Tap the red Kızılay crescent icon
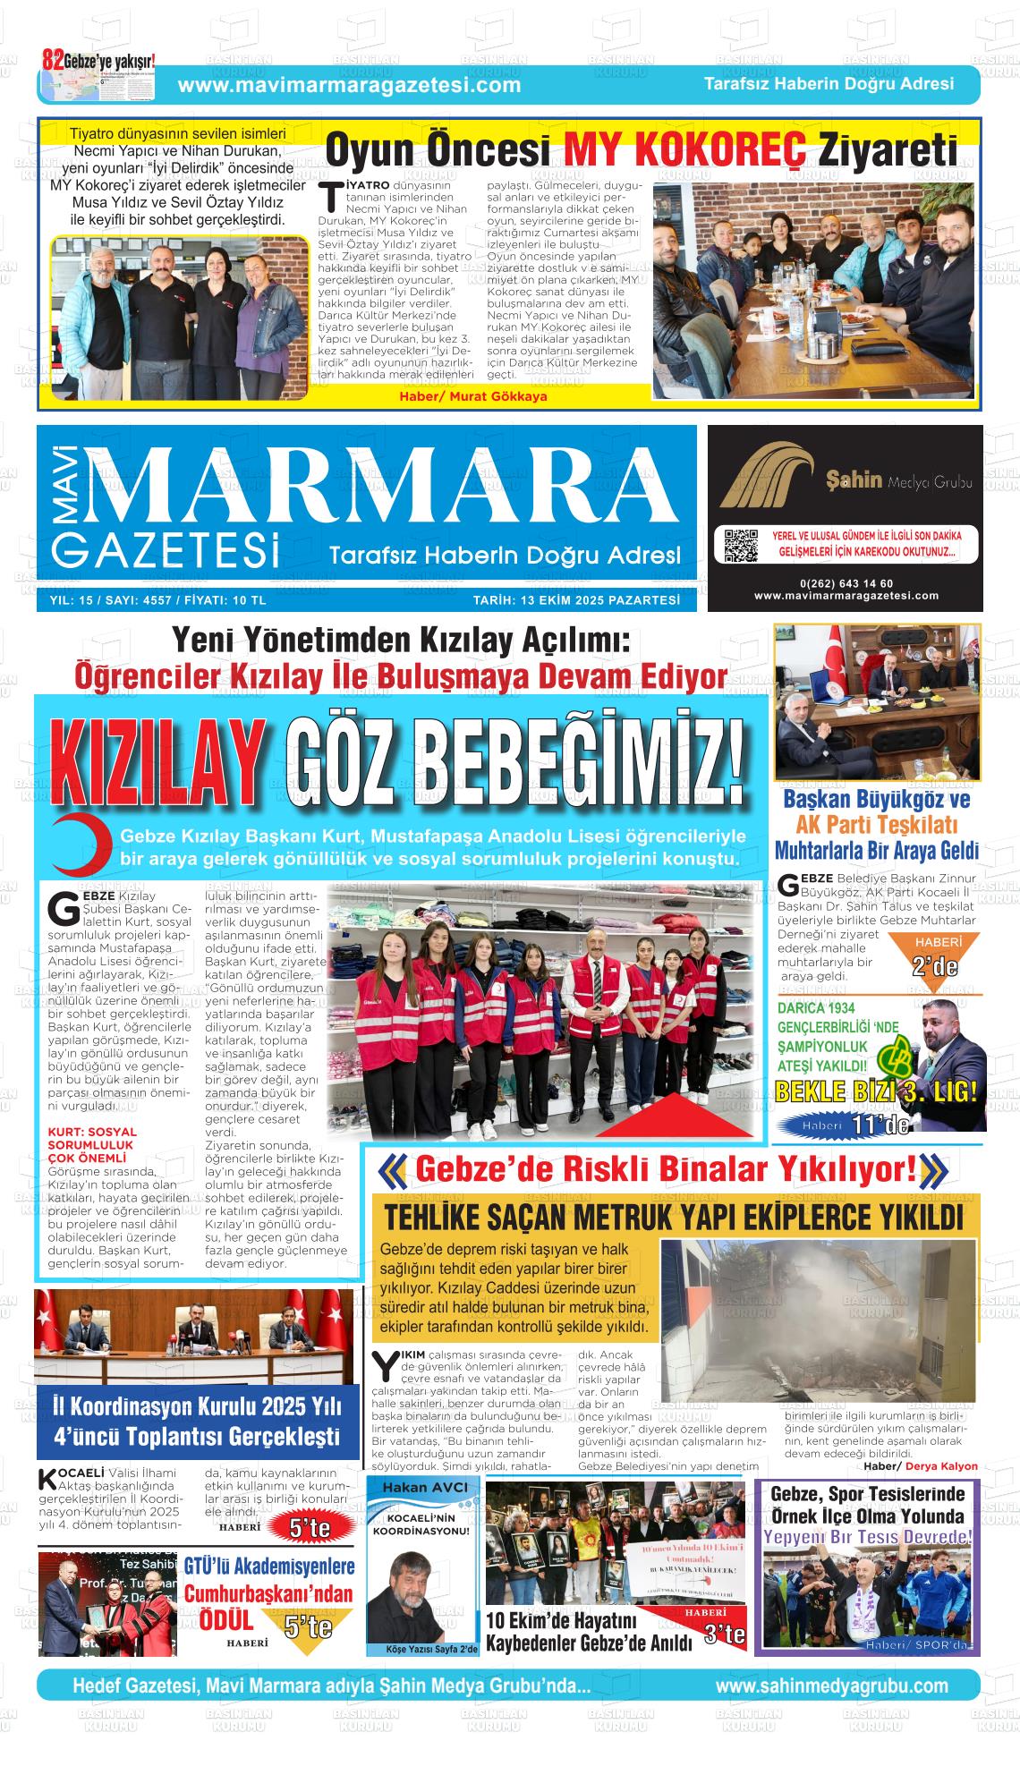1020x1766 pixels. click(x=79, y=845)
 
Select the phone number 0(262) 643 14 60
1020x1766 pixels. click(x=846, y=583)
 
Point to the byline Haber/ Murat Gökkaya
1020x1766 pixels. click(x=472, y=396)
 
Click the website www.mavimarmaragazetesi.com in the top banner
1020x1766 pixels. click(x=349, y=85)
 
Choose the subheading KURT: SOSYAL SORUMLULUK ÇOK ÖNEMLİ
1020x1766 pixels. click(x=91, y=1144)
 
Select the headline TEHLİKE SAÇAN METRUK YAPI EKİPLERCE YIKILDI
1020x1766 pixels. click(x=674, y=1218)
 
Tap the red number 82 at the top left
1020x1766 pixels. click(x=53, y=60)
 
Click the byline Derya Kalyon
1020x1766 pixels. click(x=941, y=1466)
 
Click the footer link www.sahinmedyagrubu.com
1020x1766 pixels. click(x=831, y=1685)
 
